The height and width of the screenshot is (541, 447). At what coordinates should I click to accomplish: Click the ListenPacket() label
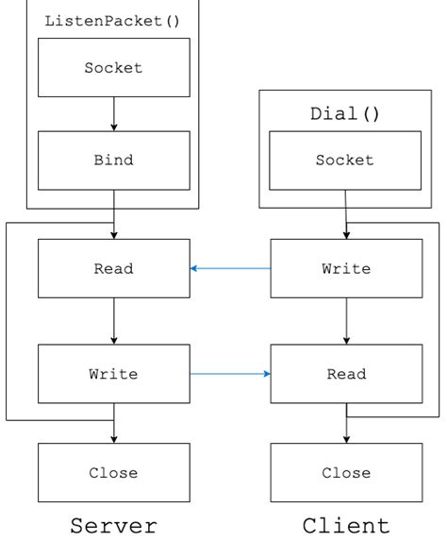tap(113, 20)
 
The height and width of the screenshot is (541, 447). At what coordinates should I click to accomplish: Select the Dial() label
tap(345, 113)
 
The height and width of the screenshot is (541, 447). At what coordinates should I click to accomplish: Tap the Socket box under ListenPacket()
tap(113, 68)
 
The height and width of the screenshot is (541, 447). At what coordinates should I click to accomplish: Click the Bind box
tap(113, 160)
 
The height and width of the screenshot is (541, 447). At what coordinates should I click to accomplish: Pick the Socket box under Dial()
tap(346, 160)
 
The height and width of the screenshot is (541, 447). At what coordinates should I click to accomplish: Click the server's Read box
tap(113, 268)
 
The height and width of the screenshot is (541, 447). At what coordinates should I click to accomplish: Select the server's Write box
tap(113, 374)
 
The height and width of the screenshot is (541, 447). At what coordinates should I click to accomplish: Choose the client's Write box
tap(346, 268)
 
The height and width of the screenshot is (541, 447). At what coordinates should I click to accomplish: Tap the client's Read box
tap(346, 374)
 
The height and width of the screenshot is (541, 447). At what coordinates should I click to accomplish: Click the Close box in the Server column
tap(113, 472)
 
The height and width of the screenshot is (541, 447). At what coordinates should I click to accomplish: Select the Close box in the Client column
tap(346, 472)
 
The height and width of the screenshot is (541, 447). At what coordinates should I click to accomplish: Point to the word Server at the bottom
tap(113, 525)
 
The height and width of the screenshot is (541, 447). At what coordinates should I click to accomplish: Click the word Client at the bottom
tap(346, 525)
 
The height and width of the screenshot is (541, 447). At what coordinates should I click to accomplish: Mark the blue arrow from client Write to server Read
tap(230, 268)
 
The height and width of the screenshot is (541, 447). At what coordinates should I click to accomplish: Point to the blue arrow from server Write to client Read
tap(230, 374)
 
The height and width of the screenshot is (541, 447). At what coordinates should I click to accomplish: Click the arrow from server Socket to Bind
tap(113, 113)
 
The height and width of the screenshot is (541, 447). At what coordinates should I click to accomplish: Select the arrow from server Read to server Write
tap(113, 321)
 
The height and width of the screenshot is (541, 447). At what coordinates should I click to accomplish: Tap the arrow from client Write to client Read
tap(346, 321)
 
